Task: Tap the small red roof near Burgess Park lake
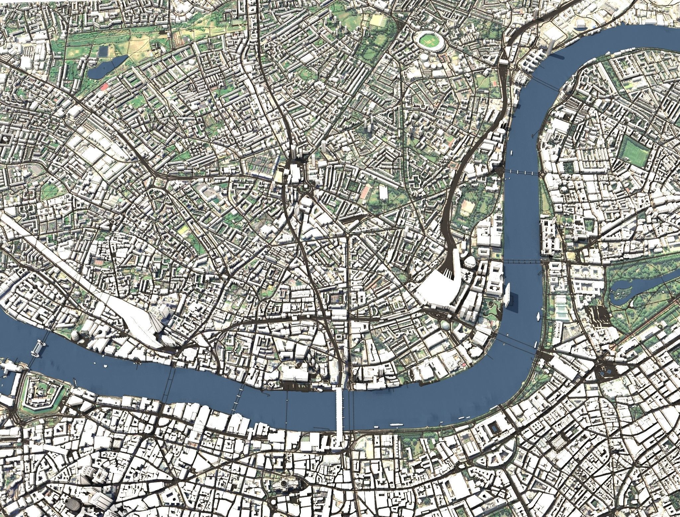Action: tap(104, 86)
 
